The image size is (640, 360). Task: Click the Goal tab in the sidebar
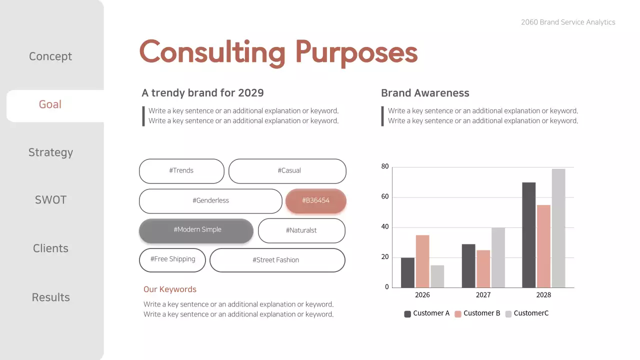[50, 104]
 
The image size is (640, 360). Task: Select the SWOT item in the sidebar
[50, 200]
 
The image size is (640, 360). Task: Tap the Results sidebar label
[50, 297]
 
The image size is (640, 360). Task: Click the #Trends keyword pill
[181, 171]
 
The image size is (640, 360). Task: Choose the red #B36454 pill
[315, 200]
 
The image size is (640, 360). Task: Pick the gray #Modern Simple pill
[196, 230]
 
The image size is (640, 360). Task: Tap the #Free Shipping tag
[172, 259]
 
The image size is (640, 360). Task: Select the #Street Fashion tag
[277, 260]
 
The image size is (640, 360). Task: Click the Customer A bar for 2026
[407, 272]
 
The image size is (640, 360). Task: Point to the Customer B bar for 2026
[422, 261]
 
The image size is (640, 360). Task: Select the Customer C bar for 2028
[558, 228]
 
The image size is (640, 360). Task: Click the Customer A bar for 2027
[468, 265]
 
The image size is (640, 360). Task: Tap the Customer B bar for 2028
[543, 246]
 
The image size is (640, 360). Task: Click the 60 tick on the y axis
[385, 197]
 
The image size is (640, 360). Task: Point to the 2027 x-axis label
[483, 295]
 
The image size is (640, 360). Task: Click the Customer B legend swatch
[458, 314]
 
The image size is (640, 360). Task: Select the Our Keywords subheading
[170, 289]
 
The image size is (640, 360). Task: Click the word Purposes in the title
[356, 52]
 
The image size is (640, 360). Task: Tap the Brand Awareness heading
[425, 93]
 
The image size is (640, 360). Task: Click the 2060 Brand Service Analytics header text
[568, 22]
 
